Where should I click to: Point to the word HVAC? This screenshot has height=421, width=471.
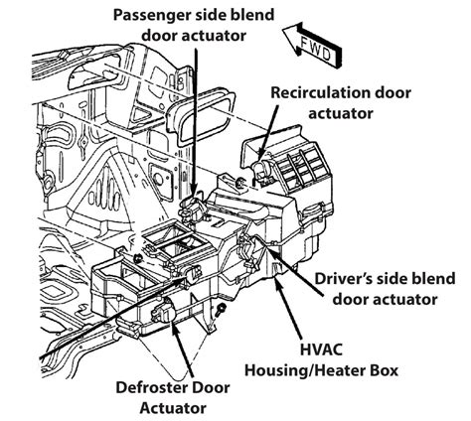click(321, 350)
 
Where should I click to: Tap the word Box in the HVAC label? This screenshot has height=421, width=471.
click(385, 370)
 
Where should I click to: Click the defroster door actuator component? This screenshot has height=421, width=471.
click(163, 311)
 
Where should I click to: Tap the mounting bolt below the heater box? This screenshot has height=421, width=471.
click(219, 311)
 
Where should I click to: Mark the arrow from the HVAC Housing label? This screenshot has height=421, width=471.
click(289, 310)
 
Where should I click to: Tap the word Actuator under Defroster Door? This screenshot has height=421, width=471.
click(173, 408)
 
